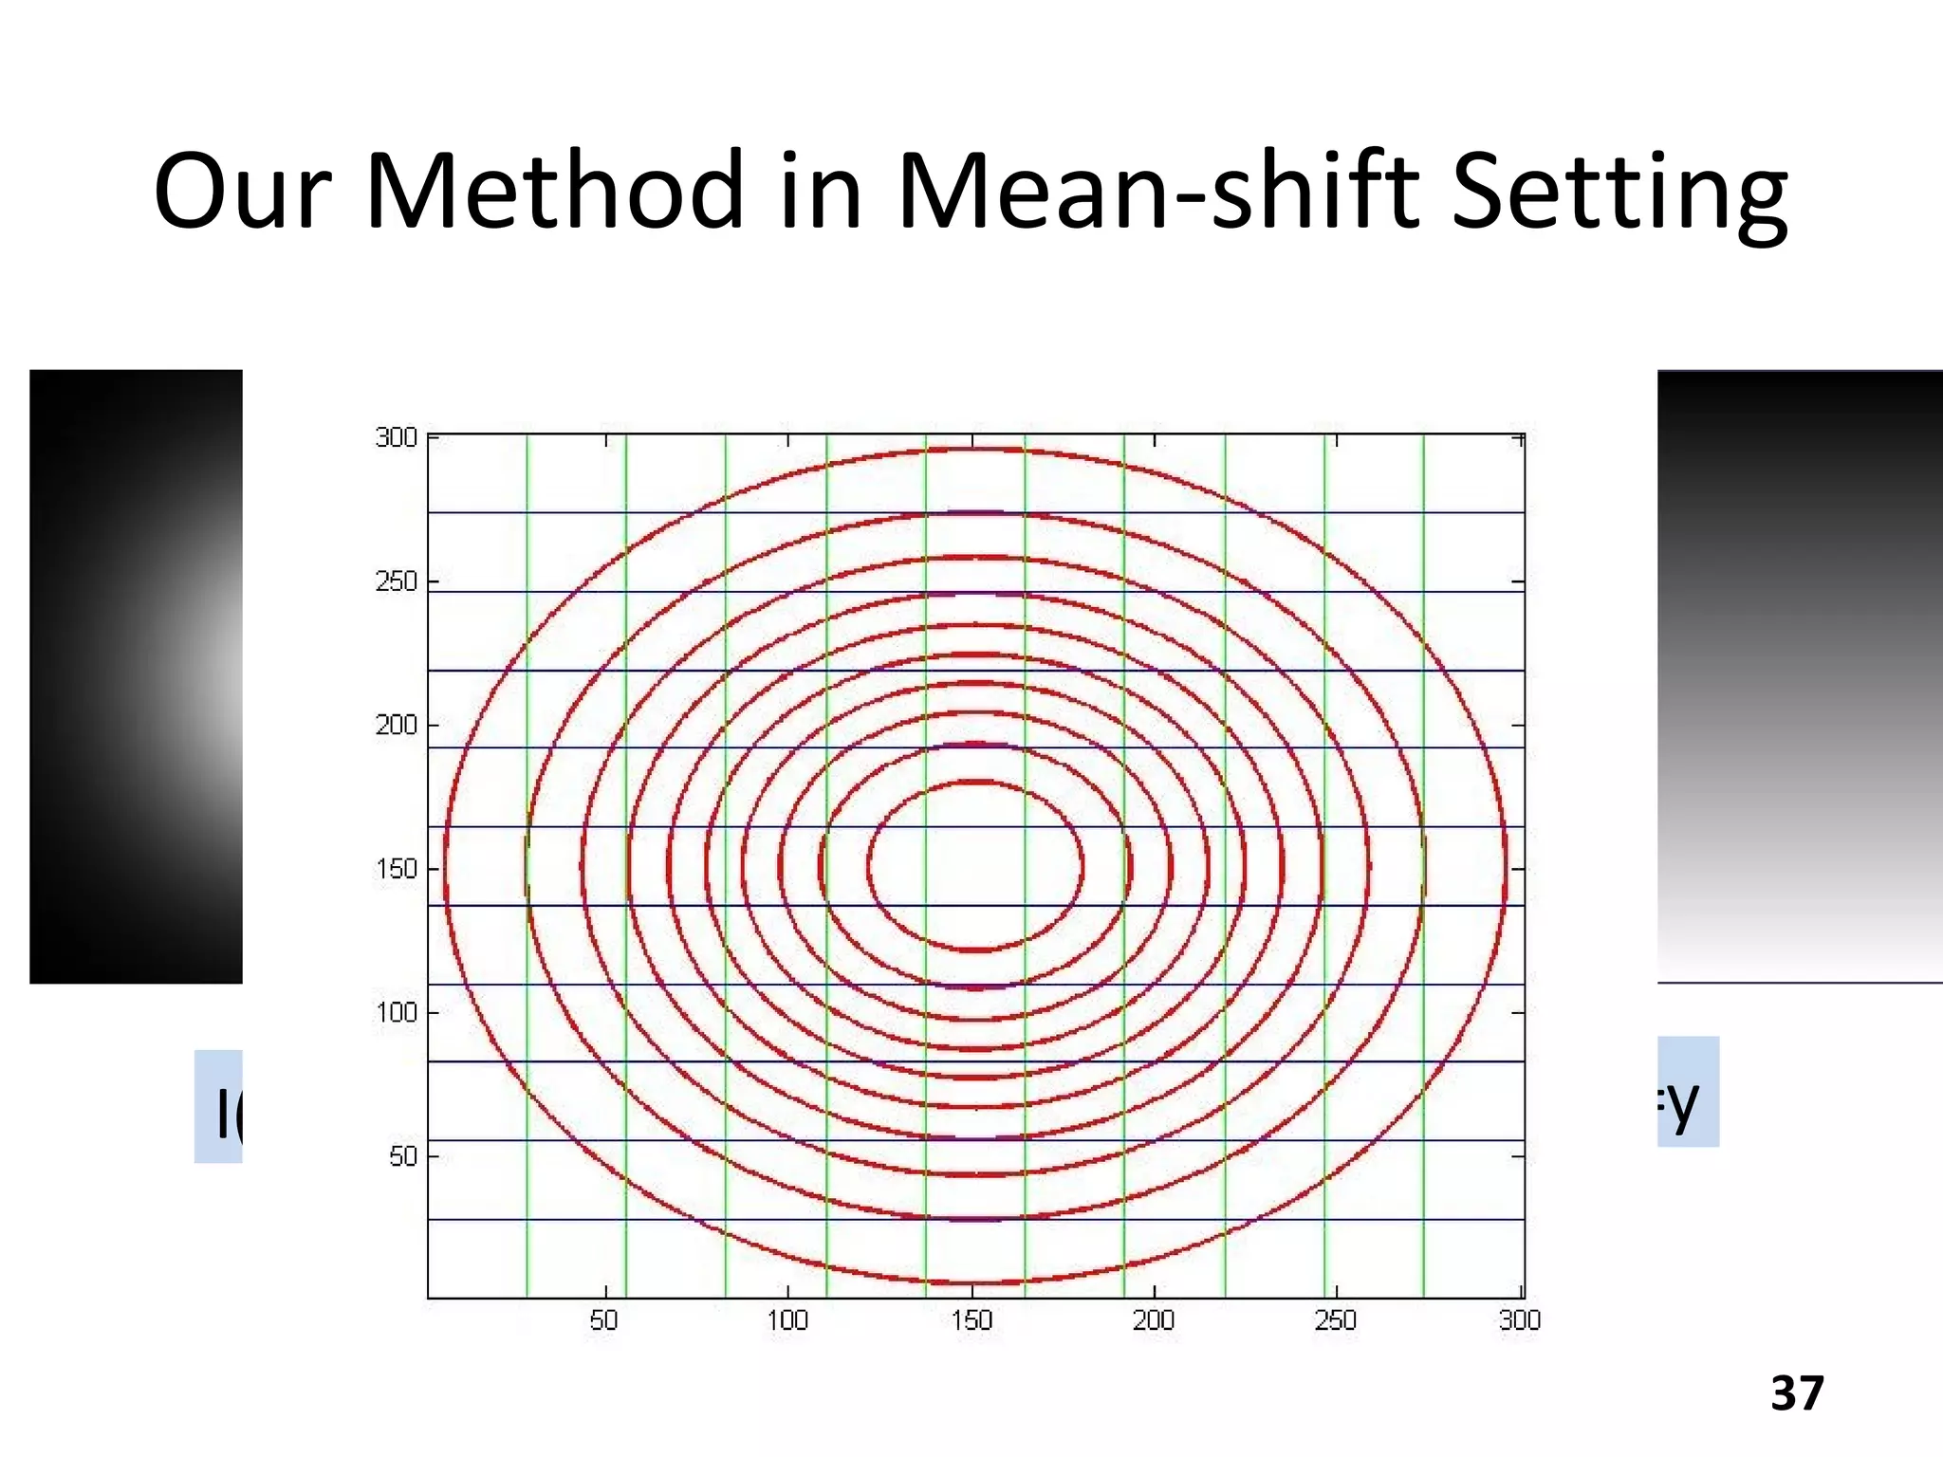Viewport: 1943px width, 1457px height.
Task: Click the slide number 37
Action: pyautogui.click(x=1797, y=1393)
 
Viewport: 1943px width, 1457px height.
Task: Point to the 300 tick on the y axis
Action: pyautogui.click(x=397, y=437)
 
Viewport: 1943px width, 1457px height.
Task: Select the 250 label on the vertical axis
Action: pyautogui.click(x=397, y=581)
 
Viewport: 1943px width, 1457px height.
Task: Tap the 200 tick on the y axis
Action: pyautogui.click(x=397, y=726)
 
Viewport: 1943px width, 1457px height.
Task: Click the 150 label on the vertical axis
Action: pyautogui.click(x=397, y=869)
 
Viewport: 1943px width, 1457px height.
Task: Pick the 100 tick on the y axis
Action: pyautogui.click(x=397, y=1013)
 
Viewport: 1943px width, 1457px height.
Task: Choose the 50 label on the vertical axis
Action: pyautogui.click(x=403, y=1156)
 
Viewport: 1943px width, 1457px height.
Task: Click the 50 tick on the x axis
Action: pyautogui.click(x=604, y=1320)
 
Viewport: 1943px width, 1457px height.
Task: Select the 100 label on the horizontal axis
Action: pyautogui.click(x=787, y=1320)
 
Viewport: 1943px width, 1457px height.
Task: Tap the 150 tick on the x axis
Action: pyautogui.click(x=971, y=1320)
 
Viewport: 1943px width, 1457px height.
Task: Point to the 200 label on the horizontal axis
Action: pyautogui.click(x=1154, y=1320)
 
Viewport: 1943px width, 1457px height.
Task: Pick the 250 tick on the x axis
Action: pyautogui.click(x=1336, y=1320)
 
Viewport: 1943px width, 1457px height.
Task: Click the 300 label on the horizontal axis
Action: pyautogui.click(x=1520, y=1320)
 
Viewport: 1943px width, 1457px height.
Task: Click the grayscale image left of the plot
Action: pyautogui.click(x=136, y=676)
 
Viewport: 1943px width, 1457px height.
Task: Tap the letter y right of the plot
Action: pyautogui.click(x=1681, y=1103)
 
